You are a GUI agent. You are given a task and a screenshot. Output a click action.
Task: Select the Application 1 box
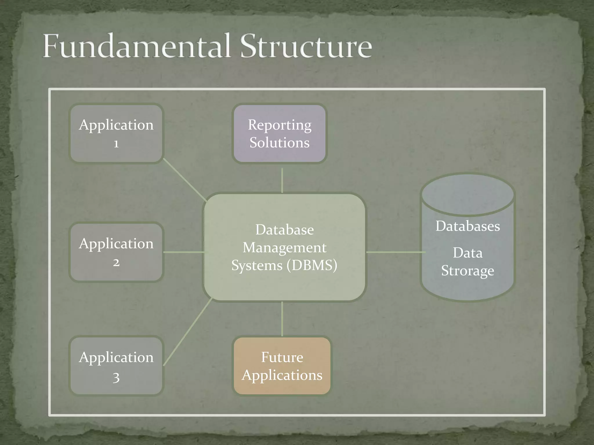116,133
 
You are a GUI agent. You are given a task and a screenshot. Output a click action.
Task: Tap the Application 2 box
116,252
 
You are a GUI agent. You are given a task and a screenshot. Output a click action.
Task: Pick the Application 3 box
116,366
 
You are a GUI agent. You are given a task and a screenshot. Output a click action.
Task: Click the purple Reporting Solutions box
280,133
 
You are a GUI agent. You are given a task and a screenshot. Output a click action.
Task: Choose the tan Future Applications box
282,366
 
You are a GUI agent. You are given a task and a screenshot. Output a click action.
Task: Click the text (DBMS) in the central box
312,265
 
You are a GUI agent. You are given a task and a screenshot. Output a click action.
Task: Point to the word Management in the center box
284,248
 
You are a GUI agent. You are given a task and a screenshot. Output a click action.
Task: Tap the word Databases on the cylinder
468,226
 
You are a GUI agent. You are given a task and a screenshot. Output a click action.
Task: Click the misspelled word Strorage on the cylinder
468,271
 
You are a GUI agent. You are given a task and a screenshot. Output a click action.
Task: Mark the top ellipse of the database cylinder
468,195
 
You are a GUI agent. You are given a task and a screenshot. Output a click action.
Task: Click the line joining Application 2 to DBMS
184,252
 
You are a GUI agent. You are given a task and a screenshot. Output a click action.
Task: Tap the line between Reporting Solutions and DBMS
282,180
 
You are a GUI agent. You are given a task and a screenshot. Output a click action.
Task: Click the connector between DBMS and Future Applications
282,319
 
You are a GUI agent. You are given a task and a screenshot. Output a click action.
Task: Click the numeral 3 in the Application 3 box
116,377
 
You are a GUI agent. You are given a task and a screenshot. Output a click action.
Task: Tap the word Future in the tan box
282,357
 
